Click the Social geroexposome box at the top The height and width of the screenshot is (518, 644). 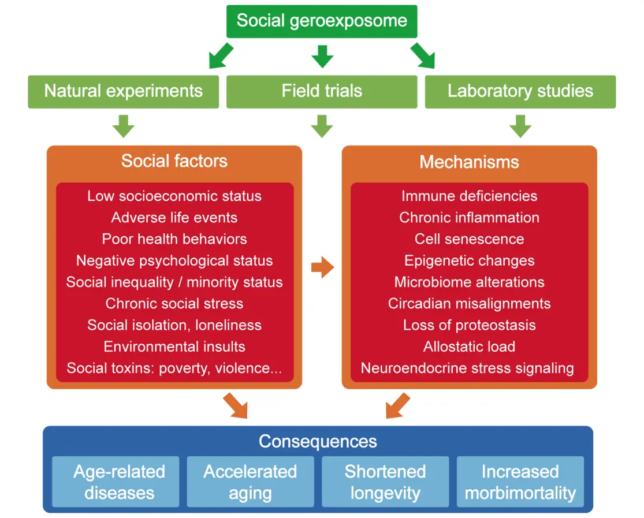click(x=321, y=21)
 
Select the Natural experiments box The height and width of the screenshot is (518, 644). click(x=123, y=91)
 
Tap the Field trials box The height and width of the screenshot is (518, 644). click(x=321, y=91)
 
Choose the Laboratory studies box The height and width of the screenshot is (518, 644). click(x=520, y=91)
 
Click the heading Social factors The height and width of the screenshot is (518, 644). click(x=174, y=161)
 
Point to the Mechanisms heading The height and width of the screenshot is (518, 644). click(x=469, y=162)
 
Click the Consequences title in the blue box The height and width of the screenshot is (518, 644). click(x=318, y=442)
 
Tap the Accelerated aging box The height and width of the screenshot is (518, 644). click(x=250, y=482)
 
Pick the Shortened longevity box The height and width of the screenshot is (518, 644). click(x=385, y=482)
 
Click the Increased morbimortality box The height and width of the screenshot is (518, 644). click(x=520, y=482)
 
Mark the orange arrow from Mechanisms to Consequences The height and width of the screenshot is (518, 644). click(x=397, y=405)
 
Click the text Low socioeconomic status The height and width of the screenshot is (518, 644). click(x=174, y=196)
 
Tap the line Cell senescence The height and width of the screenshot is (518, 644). click(x=469, y=239)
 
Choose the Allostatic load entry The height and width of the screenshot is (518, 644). click(x=469, y=346)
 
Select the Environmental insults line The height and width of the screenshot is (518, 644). click(x=174, y=346)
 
